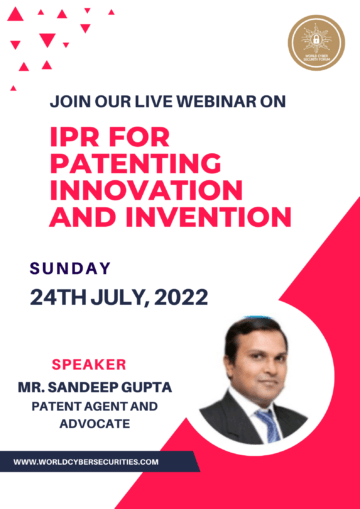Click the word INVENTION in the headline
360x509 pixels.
click(220, 214)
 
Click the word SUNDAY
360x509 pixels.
click(70, 267)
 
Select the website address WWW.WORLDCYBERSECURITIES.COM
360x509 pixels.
click(87, 462)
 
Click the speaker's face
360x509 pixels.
click(254, 361)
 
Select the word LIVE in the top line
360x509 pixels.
click(157, 100)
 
